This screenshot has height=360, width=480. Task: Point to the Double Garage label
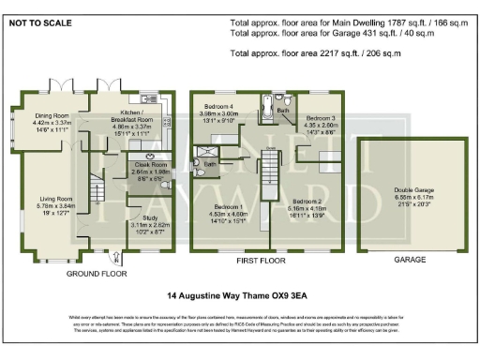401,189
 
